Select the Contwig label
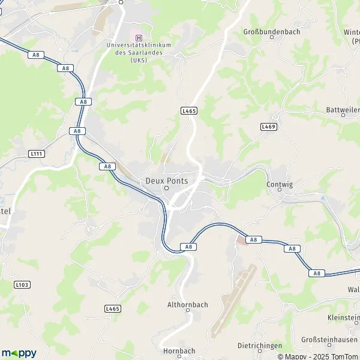(x=280, y=185)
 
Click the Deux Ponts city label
(x=167, y=181)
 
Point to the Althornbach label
(x=187, y=305)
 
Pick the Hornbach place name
(x=179, y=351)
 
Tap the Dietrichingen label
(x=260, y=346)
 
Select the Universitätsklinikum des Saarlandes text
(x=139, y=52)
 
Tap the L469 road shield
(x=268, y=127)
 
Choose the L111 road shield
(x=36, y=154)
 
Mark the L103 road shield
(x=22, y=284)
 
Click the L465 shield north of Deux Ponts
(x=188, y=111)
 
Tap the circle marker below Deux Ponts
(x=167, y=189)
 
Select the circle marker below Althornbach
(x=187, y=311)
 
